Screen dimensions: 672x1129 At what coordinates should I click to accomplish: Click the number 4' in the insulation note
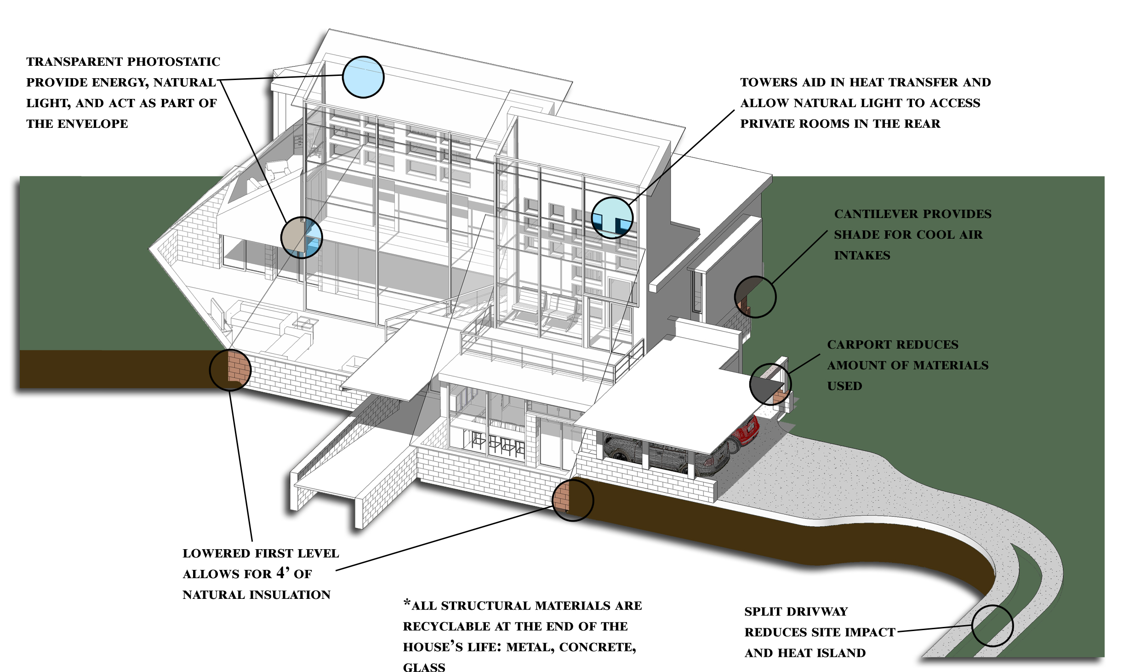tap(283, 573)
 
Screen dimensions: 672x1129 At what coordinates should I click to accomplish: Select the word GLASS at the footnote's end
tap(424, 667)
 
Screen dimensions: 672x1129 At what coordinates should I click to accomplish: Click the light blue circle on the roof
tap(363, 77)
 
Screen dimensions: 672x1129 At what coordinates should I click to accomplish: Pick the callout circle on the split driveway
tap(992, 626)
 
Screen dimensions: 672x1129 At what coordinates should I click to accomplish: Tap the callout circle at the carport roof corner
tap(770, 384)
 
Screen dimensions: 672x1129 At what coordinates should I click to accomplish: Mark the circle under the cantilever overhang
tap(755, 297)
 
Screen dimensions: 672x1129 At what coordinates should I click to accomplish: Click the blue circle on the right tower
tap(612, 218)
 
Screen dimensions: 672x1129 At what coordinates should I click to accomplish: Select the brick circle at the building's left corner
tap(230, 370)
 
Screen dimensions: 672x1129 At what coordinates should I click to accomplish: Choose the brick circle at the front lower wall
tap(572, 500)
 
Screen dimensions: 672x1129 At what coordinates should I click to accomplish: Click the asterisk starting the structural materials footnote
tap(407, 603)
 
